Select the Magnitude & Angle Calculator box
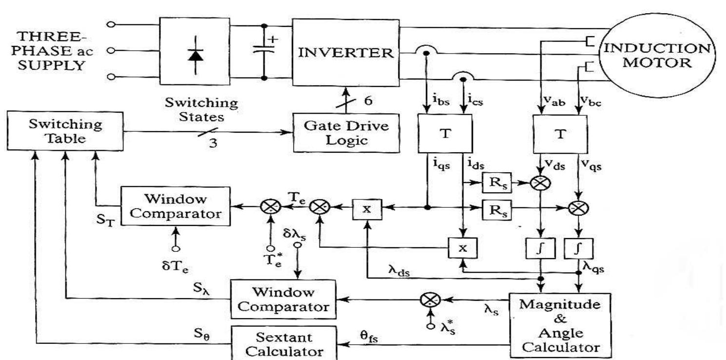click(x=559, y=325)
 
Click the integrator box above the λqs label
click(x=578, y=249)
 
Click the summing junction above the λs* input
click(x=431, y=300)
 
